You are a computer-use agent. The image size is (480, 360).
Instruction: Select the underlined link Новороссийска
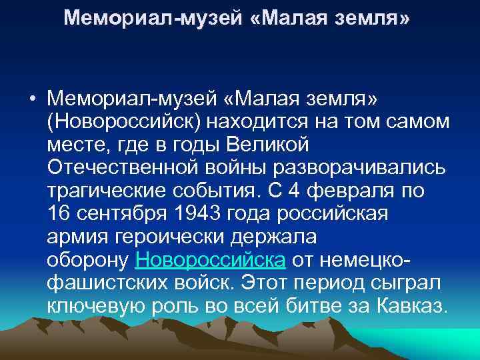pyautogui.click(x=211, y=259)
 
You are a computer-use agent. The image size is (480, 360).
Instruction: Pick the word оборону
pyautogui.click(x=89, y=259)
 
